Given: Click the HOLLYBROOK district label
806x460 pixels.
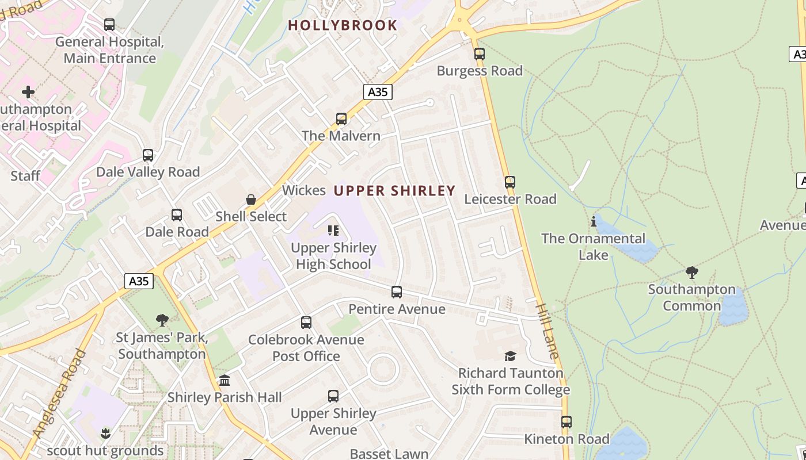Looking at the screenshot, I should tap(343, 25).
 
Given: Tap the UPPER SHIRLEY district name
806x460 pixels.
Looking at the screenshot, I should tap(394, 191).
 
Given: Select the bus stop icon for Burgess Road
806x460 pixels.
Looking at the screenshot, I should tap(480, 54).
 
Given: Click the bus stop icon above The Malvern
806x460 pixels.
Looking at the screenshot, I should tap(341, 119).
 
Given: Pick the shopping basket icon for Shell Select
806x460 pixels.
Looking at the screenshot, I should tap(251, 200).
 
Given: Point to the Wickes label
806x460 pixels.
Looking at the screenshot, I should tap(304, 190).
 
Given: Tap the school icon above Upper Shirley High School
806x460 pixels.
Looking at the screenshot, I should tap(333, 231).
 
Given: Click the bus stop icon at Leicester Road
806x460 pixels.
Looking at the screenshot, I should tap(510, 182).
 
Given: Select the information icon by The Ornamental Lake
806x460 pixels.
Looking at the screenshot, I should tap(594, 221).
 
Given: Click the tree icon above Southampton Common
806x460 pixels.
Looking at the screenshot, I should tap(692, 272).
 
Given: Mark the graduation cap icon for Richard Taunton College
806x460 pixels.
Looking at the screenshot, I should tap(510, 356).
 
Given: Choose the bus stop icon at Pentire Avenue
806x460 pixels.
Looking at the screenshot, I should tap(397, 292).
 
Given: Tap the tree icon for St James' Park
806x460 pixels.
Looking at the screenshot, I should tap(162, 320).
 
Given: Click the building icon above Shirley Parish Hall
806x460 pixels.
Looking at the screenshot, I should tap(225, 380).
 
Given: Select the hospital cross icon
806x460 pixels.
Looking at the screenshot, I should tap(28, 92).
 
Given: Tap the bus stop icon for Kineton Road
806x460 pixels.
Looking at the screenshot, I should tap(567, 422).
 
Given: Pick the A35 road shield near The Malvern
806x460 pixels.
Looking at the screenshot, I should tap(378, 92).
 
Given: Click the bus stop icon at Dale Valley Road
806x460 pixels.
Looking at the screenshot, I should tap(148, 155).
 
